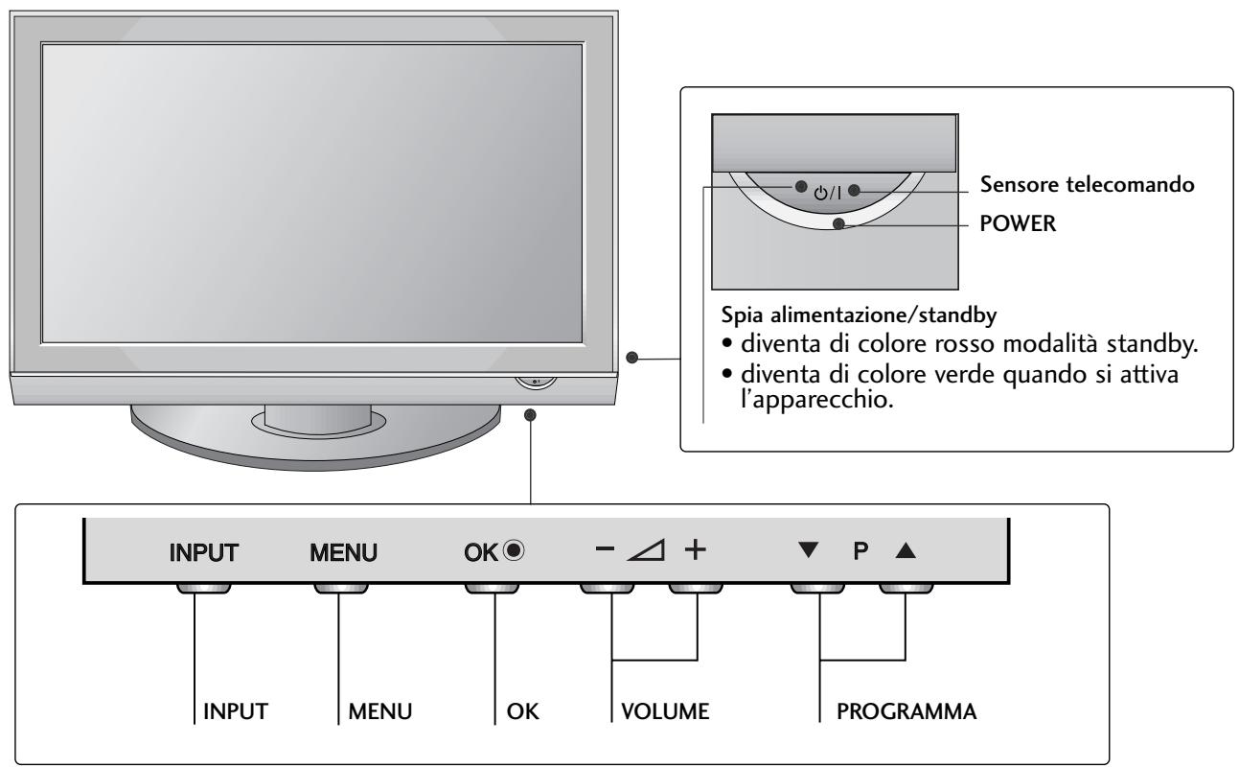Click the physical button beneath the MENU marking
click(342, 588)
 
